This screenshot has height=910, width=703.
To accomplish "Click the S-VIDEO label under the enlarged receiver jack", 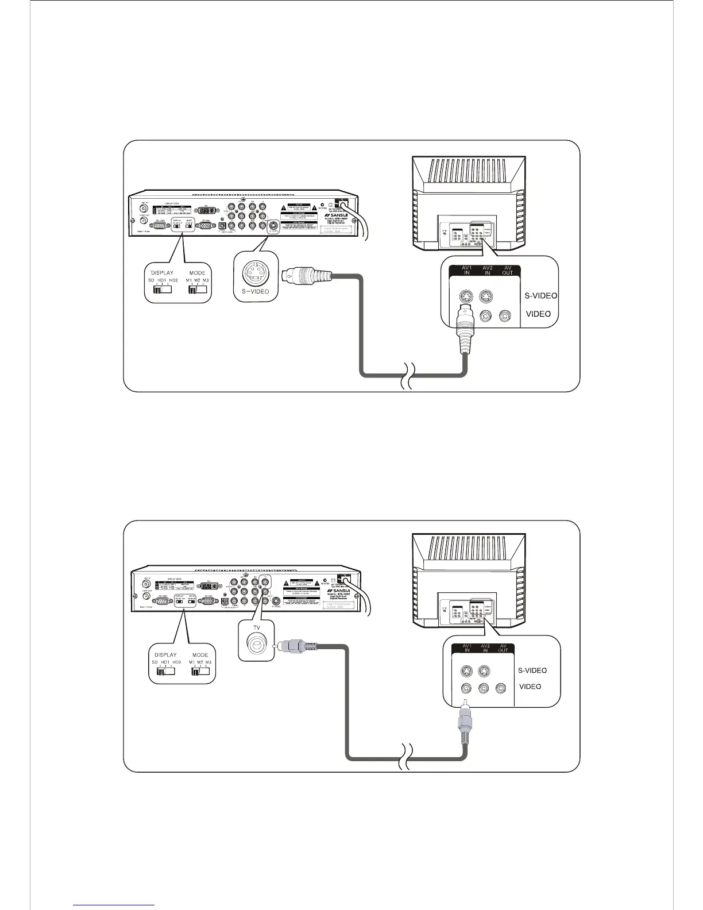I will click(x=256, y=292).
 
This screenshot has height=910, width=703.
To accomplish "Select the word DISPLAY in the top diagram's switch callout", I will click(x=162, y=273).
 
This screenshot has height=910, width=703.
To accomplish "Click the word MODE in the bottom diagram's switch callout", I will click(x=200, y=655).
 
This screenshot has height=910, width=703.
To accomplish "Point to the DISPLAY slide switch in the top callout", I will click(x=163, y=290).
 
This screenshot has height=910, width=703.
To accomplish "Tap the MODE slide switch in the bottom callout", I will click(x=200, y=672).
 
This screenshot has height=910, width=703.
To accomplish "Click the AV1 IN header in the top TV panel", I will click(x=467, y=270).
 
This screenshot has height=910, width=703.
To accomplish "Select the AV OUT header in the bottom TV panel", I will click(x=503, y=648).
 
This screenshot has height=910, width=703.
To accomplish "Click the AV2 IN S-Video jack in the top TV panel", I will click(x=487, y=296).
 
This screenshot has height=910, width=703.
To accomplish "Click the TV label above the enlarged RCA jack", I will click(x=257, y=629).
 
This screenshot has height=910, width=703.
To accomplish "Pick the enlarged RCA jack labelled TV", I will click(x=257, y=647).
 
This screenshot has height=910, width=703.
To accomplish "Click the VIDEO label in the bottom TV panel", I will click(x=530, y=687).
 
